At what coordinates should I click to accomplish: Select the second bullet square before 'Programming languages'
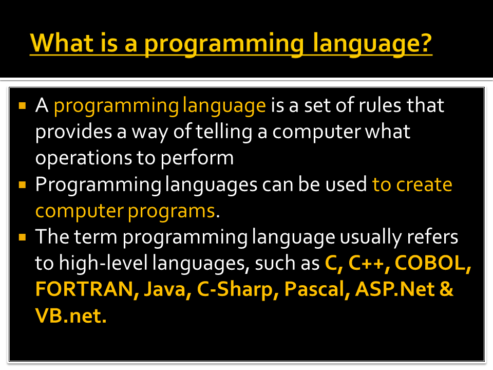point(22,184)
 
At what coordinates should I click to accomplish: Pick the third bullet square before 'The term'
point(22,238)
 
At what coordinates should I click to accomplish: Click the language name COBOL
point(433,263)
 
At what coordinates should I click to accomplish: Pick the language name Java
point(162,289)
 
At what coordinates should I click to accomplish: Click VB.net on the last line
point(71,316)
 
